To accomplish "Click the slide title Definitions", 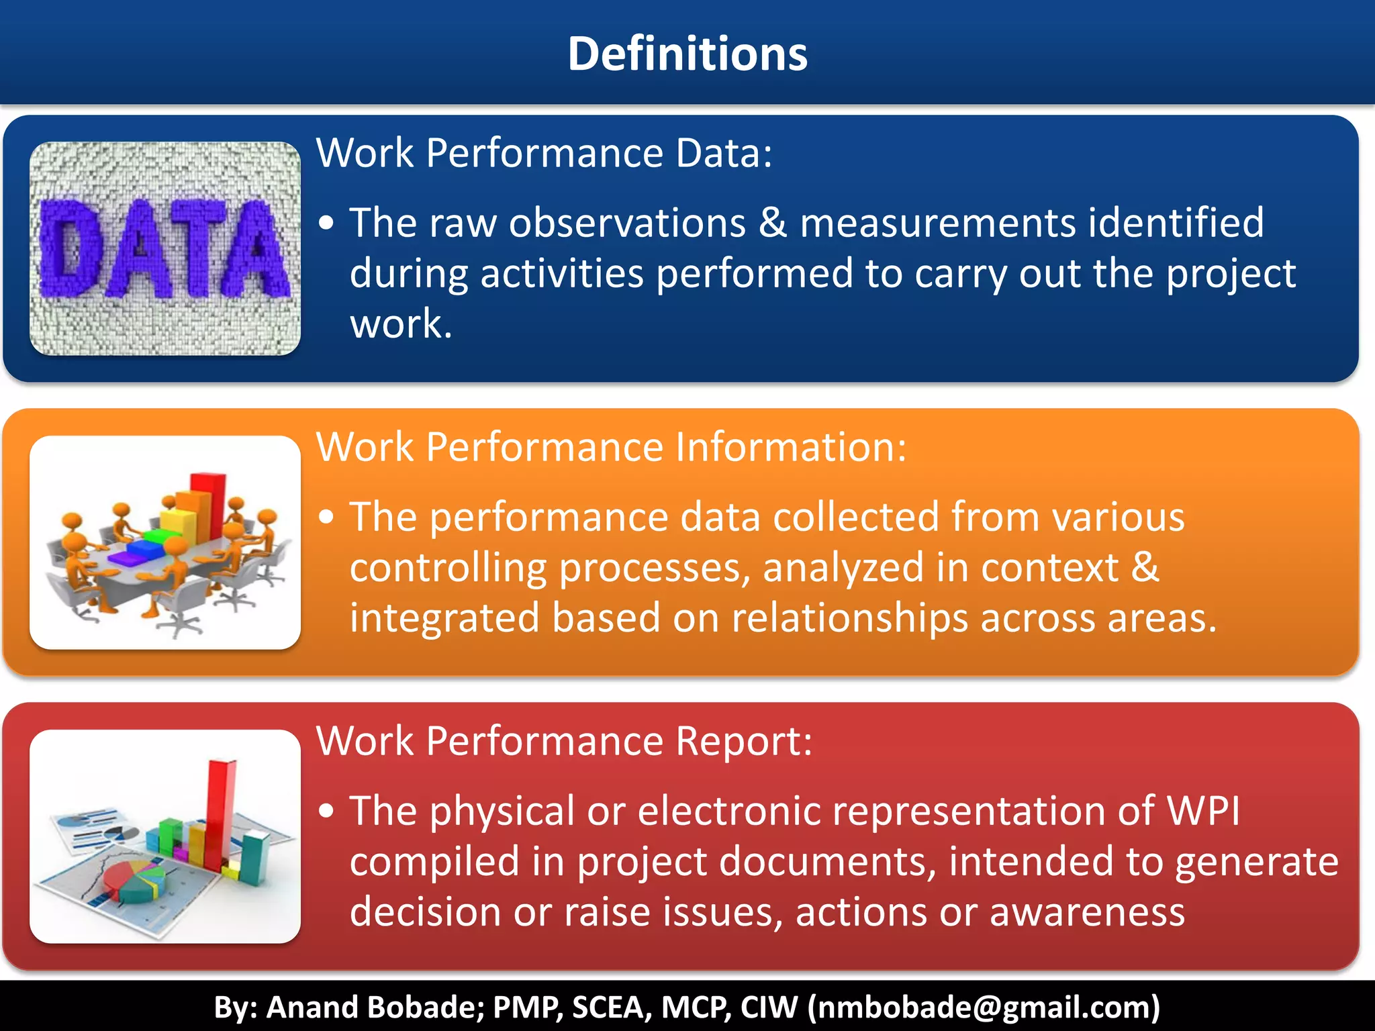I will [x=687, y=54].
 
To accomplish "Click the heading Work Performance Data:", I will [x=544, y=153].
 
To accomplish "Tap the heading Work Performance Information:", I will [x=611, y=447].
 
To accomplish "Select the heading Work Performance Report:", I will [x=564, y=741].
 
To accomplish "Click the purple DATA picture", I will [x=164, y=248].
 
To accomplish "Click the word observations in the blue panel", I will [x=627, y=223].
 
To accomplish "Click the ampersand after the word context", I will [x=1145, y=567].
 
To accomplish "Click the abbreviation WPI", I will [x=1203, y=811].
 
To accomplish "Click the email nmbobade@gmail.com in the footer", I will [x=984, y=1008].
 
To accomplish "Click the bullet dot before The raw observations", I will [x=326, y=224].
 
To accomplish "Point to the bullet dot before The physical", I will [x=326, y=812].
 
